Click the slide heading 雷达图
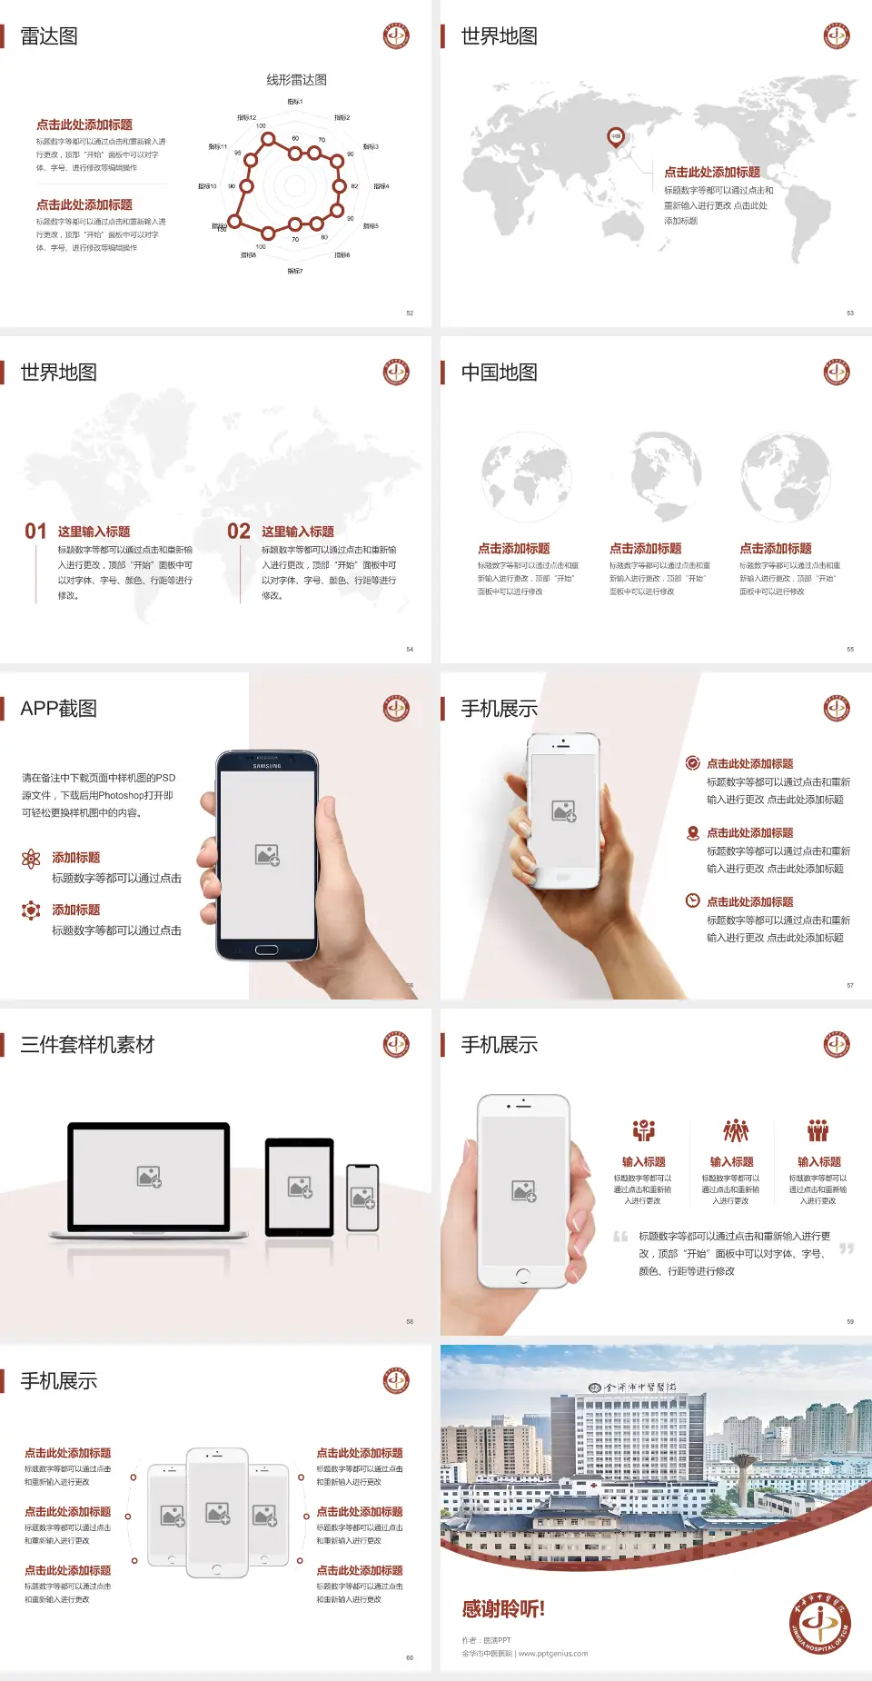tap(49, 36)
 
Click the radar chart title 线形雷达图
tap(296, 80)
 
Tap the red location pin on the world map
tap(615, 137)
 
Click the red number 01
tap(35, 532)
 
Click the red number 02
tap(239, 532)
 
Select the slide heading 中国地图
tap(499, 373)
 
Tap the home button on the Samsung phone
tap(266, 950)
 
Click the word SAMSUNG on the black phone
tap(267, 766)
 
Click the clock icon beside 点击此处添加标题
tap(692, 900)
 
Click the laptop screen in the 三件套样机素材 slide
tap(149, 1177)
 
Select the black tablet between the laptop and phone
tap(300, 1187)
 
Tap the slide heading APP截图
tap(59, 709)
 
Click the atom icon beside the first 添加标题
tap(31, 859)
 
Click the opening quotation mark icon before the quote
tap(620, 1237)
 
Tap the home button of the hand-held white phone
tap(522, 1276)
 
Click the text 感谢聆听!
tap(503, 1609)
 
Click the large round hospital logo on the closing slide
tap(819, 1623)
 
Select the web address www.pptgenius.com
tap(553, 1654)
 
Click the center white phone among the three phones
tap(217, 1512)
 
